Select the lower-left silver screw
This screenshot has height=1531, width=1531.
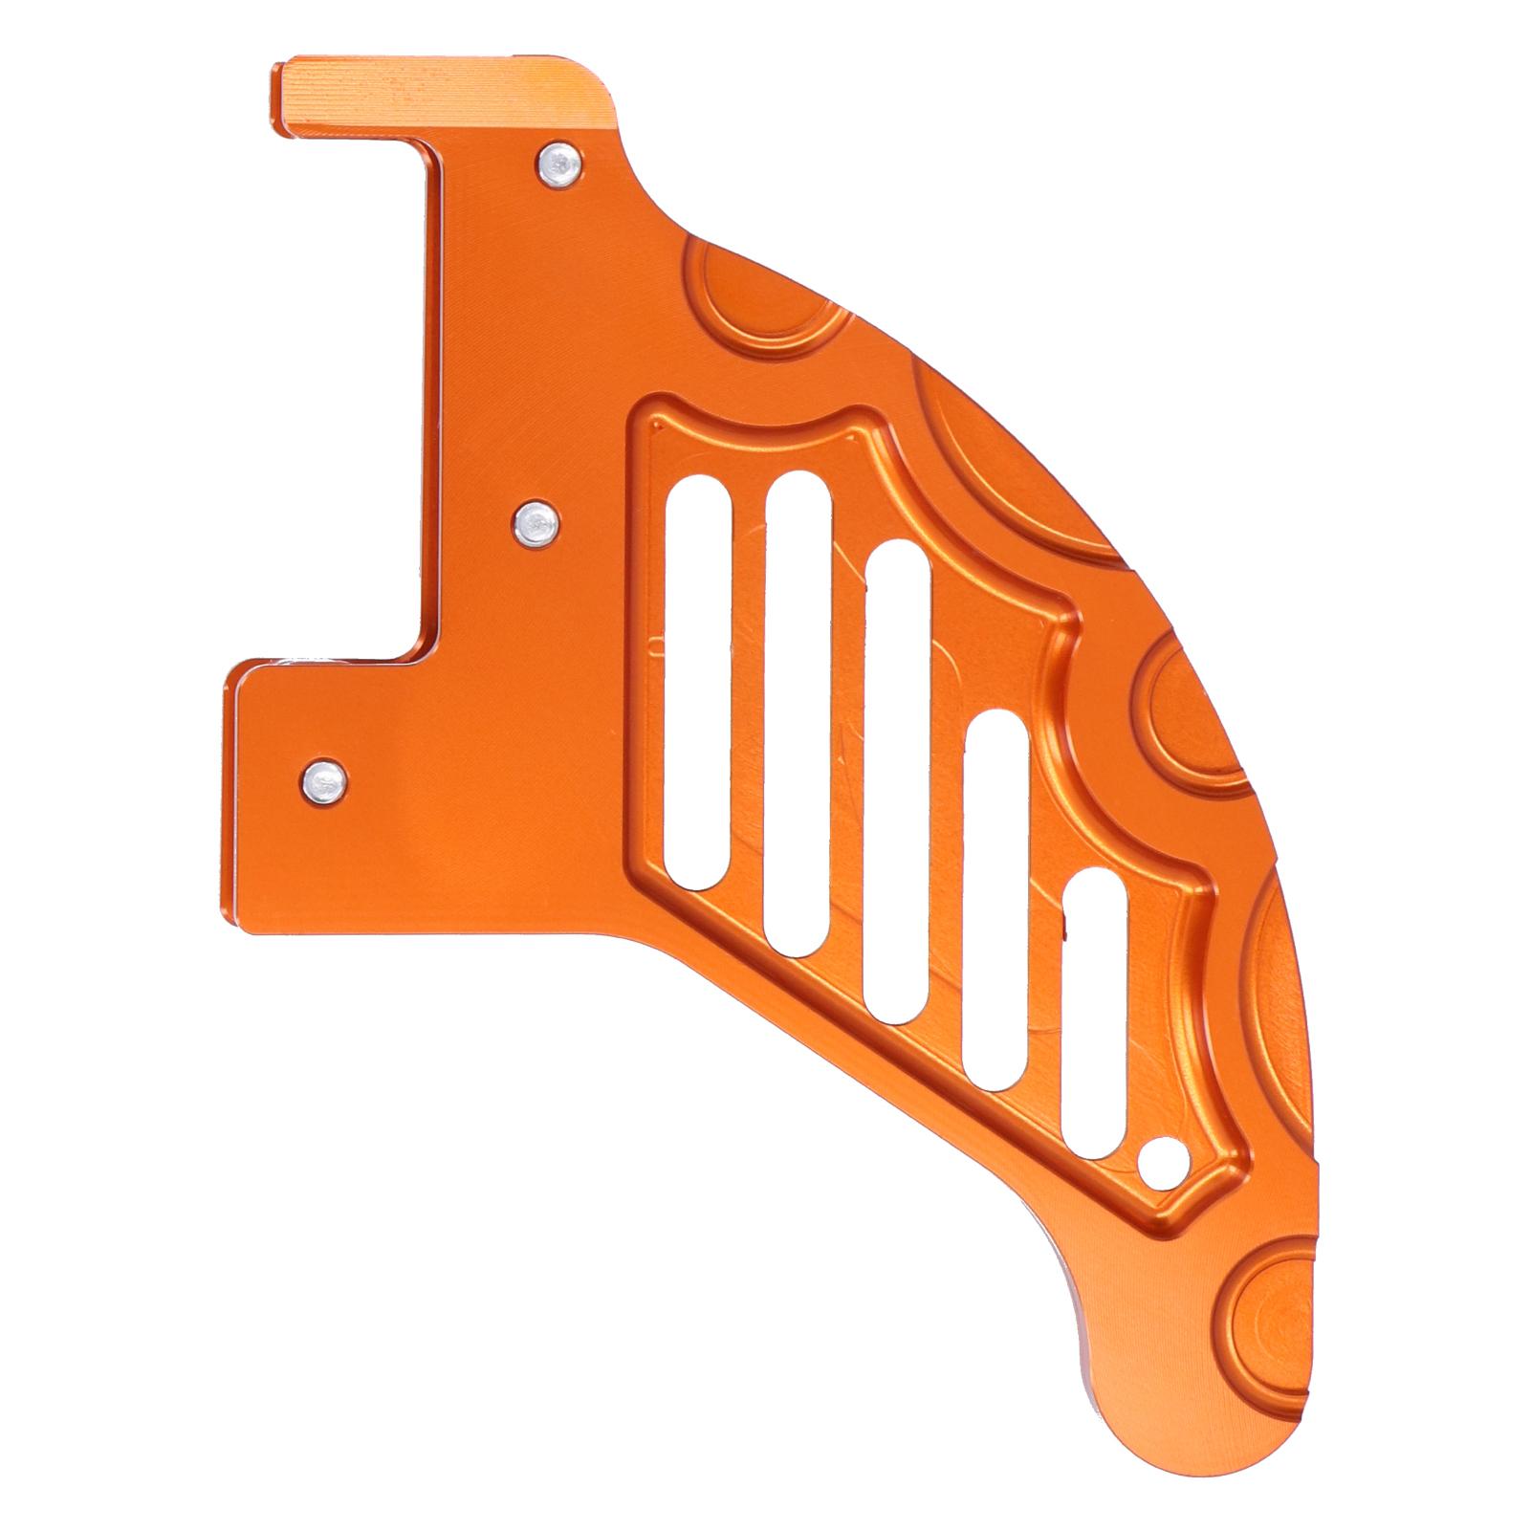coord(325,781)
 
